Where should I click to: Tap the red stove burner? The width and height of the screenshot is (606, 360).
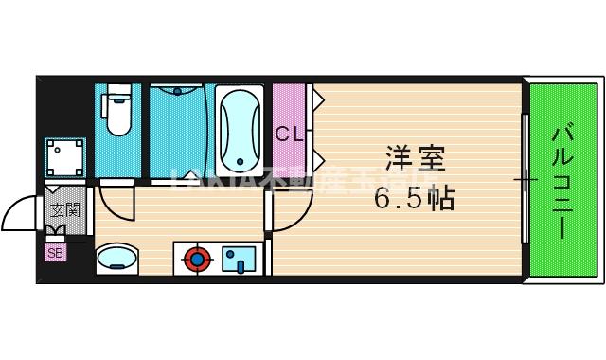pos(196,257)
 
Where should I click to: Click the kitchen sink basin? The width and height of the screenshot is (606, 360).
pos(238,258)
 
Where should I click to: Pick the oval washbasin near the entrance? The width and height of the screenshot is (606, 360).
pos(117,257)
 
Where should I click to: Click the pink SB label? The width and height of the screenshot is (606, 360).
pos(56,253)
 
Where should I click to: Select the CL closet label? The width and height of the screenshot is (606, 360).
pos(289,135)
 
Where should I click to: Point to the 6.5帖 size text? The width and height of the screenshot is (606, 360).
pos(414,200)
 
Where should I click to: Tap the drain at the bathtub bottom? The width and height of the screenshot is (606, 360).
pos(241,163)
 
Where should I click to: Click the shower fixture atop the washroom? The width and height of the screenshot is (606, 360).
pos(175,92)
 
